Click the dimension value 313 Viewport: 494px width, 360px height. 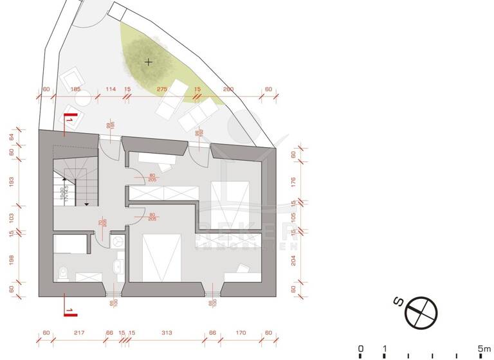click(167, 333)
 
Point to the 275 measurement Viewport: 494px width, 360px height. click(162, 89)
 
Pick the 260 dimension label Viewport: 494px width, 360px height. click(228, 89)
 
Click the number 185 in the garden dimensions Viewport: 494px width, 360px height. click(75, 89)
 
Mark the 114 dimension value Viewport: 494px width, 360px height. click(110, 89)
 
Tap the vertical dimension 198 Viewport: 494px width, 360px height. click(11, 260)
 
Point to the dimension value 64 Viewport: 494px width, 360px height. click(11, 136)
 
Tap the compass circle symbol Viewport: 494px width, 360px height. click(422, 312)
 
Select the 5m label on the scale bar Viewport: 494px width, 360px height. click(484, 348)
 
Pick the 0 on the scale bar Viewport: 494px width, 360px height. click(360, 348)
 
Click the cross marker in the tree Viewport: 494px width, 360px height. click(149, 62)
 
